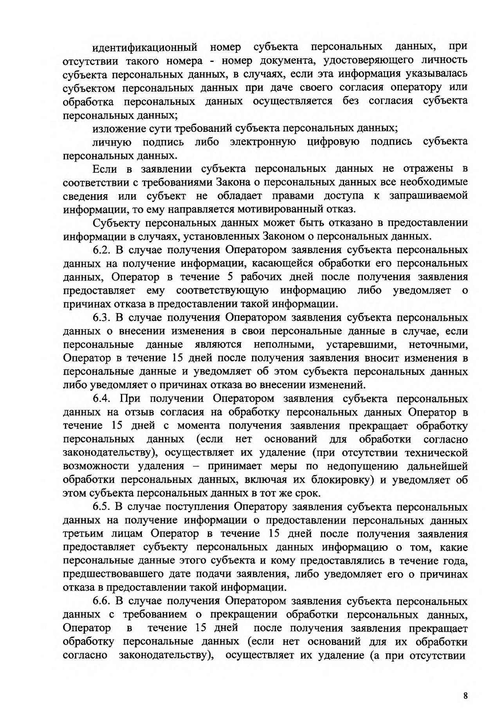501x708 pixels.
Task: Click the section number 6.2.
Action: point(102,250)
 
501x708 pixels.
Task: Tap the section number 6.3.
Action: point(102,317)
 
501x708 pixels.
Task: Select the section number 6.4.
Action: point(102,399)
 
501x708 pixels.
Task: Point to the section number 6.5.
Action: point(102,507)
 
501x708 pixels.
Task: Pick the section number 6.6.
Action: point(102,602)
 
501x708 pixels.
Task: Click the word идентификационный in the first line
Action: point(144,47)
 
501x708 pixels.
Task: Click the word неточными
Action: point(438,345)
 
